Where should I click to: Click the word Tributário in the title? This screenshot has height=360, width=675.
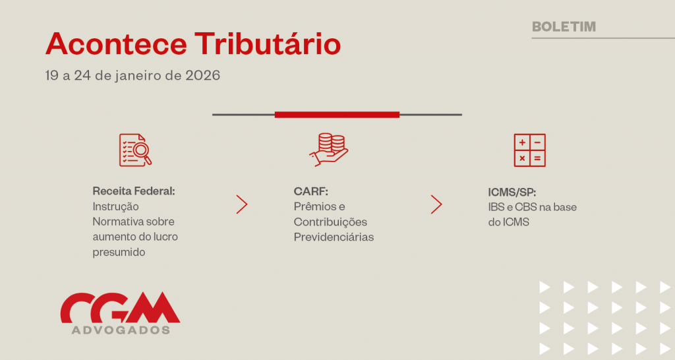coord(268,44)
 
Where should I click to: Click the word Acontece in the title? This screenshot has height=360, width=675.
coord(116,44)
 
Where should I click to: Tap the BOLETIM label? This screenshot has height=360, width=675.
coord(564,26)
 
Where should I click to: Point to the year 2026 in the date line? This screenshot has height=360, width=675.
coord(203,75)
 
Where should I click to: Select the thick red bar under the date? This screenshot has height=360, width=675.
coord(337,115)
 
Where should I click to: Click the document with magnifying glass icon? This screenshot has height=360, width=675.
coord(135,150)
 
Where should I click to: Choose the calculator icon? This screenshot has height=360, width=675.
coord(529,150)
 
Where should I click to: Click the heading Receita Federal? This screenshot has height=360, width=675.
coord(134,191)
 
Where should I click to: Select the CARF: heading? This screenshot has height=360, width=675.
coord(311,191)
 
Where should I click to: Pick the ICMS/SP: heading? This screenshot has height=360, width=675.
coord(512,192)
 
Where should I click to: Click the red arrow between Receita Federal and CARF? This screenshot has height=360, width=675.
coord(242,204)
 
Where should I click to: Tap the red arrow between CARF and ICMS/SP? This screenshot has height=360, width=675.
coord(436,204)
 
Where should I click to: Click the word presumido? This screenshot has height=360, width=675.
coord(119,253)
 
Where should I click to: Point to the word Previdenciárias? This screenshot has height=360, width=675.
coord(334,237)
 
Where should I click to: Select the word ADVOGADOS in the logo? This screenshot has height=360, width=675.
coord(121,330)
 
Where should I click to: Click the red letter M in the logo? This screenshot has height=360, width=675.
coord(154,307)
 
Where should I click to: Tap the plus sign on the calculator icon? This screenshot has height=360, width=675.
coord(522,142)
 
